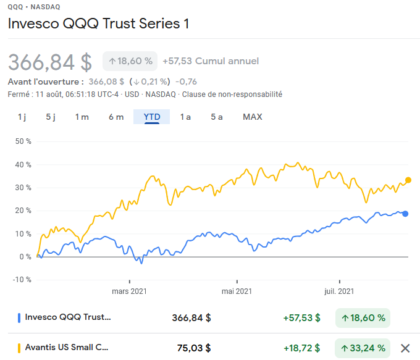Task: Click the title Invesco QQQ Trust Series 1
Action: click(98, 23)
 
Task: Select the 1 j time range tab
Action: click(22, 117)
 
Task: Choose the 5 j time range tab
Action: click(51, 117)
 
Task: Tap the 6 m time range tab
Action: click(116, 117)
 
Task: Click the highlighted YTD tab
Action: click(152, 117)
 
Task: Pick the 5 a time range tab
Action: click(216, 117)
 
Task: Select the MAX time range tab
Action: click(252, 117)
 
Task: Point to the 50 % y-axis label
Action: click(23, 141)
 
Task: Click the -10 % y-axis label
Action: click(22, 280)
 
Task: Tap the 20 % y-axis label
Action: click(23, 211)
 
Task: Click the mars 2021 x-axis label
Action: click(129, 291)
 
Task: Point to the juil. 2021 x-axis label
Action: click(338, 291)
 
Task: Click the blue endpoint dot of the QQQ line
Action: click(405, 214)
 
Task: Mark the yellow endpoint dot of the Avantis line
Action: click(408, 180)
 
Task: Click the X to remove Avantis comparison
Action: click(405, 348)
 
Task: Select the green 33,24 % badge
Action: click(363, 348)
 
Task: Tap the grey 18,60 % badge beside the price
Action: click(130, 61)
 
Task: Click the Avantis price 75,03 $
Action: click(194, 348)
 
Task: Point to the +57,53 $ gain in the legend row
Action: click(301, 318)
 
